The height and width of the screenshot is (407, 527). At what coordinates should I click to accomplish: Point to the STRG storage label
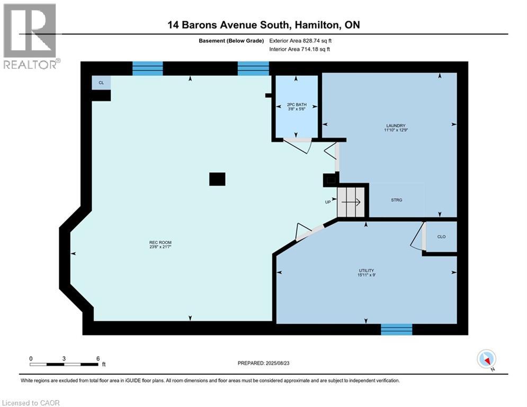[x=396, y=200]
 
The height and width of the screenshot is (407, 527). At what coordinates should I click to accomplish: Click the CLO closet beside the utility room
[x=441, y=236]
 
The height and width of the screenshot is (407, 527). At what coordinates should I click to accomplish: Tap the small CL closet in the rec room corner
[x=101, y=82]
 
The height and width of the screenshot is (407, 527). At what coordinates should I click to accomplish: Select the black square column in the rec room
[x=217, y=179]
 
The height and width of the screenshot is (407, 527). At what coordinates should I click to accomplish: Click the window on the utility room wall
[x=397, y=329]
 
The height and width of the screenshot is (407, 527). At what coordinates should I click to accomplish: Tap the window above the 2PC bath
[x=253, y=68]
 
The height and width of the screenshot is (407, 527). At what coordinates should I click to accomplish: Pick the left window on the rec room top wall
[x=147, y=68]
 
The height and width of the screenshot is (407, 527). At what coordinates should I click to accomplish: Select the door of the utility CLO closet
[x=418, y=235]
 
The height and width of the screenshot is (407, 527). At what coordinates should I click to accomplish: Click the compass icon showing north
[x=486, y=359]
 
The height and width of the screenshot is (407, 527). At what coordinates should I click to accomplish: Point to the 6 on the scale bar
[x=98, y=359]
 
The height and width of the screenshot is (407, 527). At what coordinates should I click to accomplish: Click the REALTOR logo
[x=30, y=36]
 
